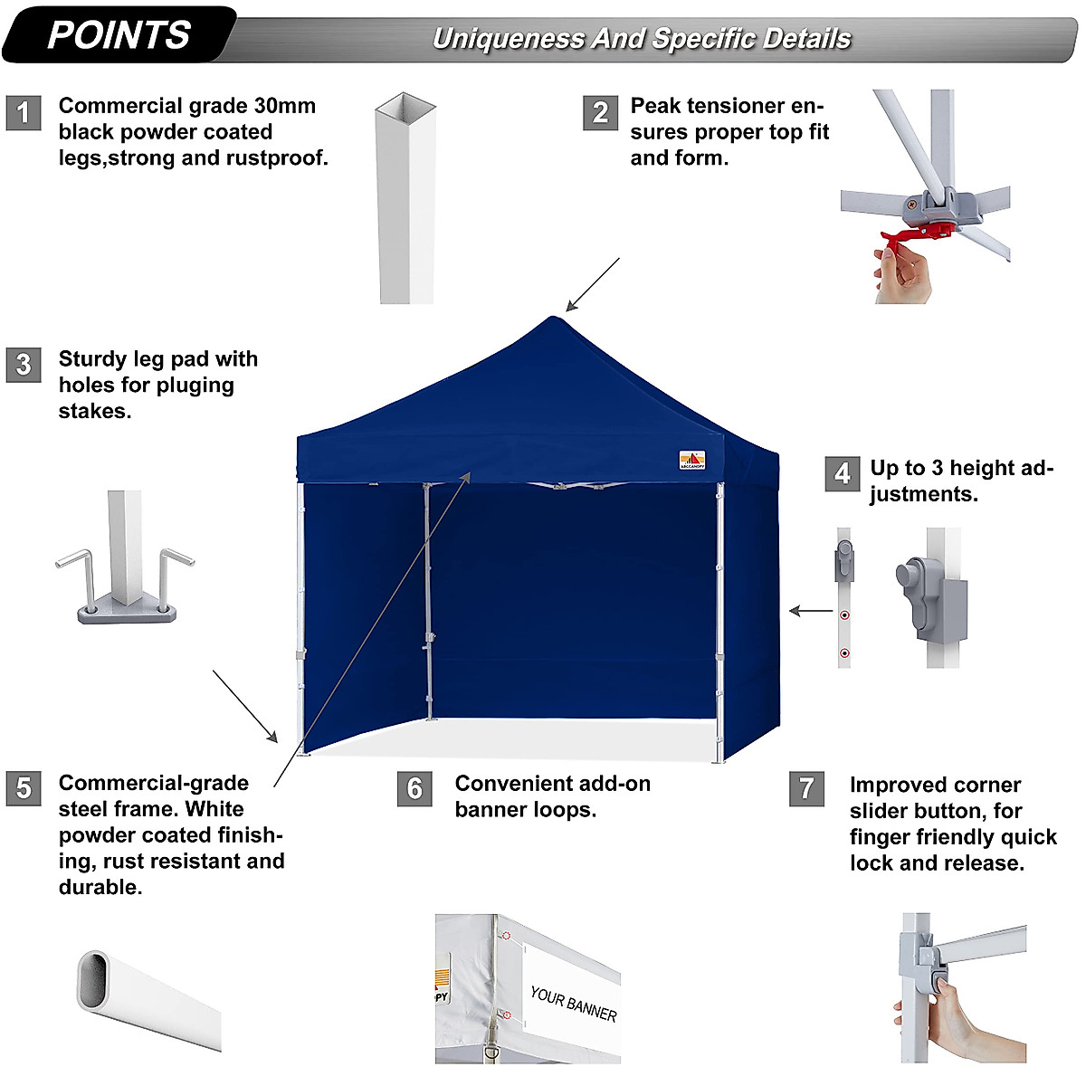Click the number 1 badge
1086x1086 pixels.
click(24, 113)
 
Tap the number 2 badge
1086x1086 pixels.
click(600, 113)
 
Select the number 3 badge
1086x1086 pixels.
click(24, 365)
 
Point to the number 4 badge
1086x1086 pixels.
click(842, 474)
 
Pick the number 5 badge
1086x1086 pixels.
click(24, 788)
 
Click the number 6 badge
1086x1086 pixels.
click(414, 788)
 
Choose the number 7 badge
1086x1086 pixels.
click(806, 788)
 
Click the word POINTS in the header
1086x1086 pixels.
click(119, 35)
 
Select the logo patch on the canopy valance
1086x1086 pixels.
click(692, 461)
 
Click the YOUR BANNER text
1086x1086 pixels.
click(574, 1004)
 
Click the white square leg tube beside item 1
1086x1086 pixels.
click(405, 199)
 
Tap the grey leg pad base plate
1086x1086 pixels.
click(127, 614)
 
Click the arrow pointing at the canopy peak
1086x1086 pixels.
click(592, 285)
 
